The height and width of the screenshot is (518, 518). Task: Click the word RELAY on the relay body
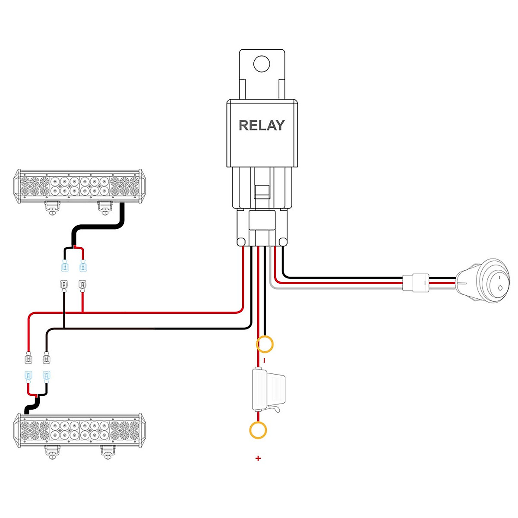(x=262, y=126)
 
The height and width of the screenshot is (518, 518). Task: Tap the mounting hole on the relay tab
(x=261, y=64)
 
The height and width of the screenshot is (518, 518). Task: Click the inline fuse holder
(x=268, y=389)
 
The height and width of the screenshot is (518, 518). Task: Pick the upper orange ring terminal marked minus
(x=265, y=344)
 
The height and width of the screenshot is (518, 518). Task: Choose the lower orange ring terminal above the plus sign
(x=258, y=430)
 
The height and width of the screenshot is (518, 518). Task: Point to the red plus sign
(x=258, y=458)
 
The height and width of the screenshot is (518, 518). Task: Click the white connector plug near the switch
(x=416, y=283)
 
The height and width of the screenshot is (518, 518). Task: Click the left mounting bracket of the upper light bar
(x=52, y=208)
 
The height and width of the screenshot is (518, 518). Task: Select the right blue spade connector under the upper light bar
(x=82, y=266)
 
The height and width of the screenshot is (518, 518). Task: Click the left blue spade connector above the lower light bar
(x=28, y=376)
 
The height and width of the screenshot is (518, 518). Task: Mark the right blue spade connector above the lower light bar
(x=46, y=376)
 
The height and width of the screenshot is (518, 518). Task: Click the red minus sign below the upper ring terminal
(x=264, y=360)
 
